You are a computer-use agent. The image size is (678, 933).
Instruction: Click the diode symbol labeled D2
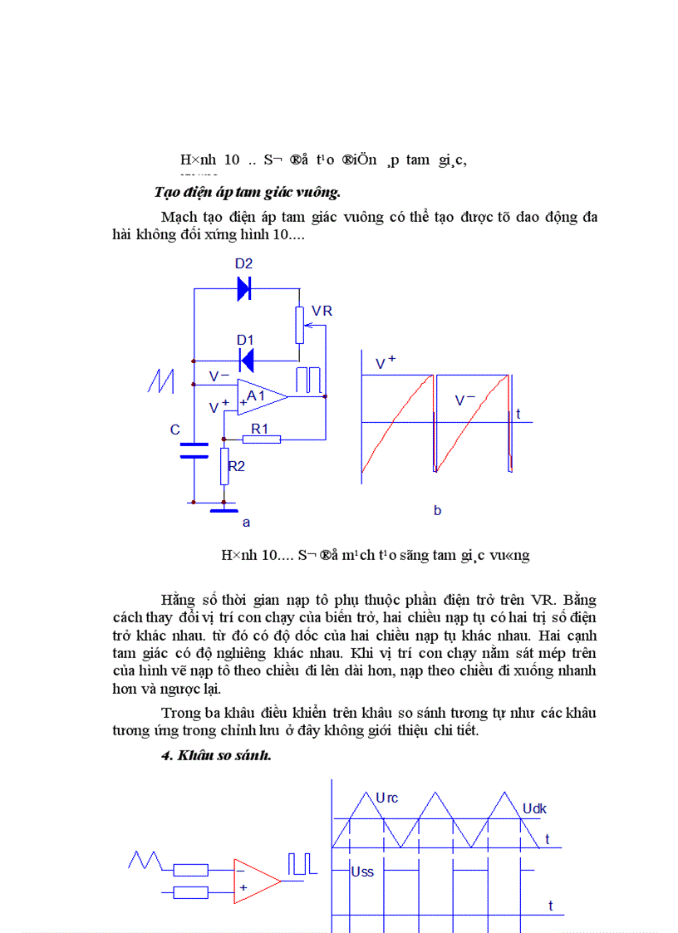click(x=244, y=287)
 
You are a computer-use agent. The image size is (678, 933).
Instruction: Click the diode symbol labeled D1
click(x=246, y=360)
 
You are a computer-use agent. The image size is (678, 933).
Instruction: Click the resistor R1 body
click(x=262, y=438)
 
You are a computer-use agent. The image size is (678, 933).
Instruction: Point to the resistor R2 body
click(x=224, y=465)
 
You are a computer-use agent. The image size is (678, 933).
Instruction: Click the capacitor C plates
click(x=194, y=450)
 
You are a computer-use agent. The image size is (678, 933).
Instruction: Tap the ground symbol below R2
click(x=224, y=508)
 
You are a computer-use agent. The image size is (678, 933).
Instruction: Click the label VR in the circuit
click(x=322, y=311)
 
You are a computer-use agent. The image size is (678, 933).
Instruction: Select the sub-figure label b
click(x=437, y=510)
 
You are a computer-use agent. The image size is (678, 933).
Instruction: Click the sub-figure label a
click(x=245, y=523)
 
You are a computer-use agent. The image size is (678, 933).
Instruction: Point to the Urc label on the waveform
click(x=387, y=798)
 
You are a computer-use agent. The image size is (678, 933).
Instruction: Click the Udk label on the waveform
click(x=534, y=808)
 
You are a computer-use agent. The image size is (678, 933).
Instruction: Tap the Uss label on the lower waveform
click(x=363, y=872)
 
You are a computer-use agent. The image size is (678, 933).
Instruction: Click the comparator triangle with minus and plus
click(x=255, y=880)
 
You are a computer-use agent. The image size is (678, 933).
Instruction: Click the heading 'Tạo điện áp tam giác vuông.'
click(x=248, y=193)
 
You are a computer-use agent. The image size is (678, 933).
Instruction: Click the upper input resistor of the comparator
click(x=190, y=870)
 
